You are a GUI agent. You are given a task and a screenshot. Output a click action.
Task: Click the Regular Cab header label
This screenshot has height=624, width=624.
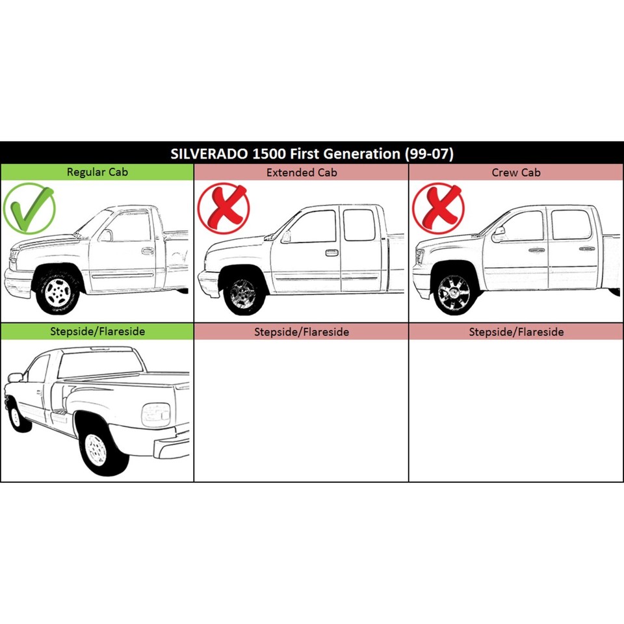tap(97, 172)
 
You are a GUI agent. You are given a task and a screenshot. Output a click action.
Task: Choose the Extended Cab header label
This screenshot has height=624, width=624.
tap(302, 172)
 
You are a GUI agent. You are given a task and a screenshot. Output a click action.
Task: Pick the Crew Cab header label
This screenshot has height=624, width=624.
tap(516, 172)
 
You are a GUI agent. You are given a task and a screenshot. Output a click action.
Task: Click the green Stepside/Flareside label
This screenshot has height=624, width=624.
tap(97, 331)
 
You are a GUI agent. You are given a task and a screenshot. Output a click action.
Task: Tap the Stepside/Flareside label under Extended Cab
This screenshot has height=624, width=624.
tap(302, 331)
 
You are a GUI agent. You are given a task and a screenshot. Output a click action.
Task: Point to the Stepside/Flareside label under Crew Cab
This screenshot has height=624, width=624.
tap(516, 331)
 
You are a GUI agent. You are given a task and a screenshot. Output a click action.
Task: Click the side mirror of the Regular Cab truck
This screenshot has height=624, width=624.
tap(105, 235)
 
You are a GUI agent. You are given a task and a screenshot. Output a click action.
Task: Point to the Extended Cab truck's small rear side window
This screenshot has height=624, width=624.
tap(359, 225)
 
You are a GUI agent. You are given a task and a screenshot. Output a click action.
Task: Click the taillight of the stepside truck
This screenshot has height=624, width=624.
tap(156, 414)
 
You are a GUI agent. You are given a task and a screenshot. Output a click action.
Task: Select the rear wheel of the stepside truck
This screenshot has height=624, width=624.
tap(97, 449)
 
